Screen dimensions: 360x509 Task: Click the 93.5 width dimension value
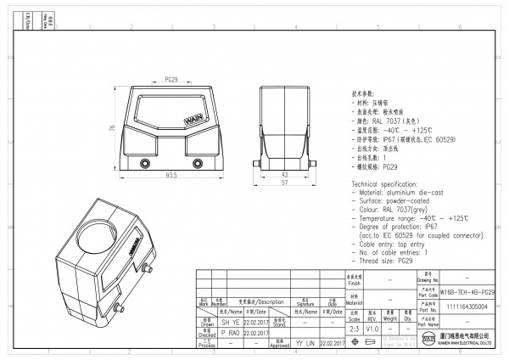coord(171,177)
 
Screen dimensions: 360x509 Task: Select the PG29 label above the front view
coord(171,79)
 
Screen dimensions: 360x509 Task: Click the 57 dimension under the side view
coord(285,183)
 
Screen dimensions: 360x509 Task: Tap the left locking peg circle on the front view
coord(129,163)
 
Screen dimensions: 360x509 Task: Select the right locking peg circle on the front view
coord(175,163)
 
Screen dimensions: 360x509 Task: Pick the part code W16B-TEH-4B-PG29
coord(467,291)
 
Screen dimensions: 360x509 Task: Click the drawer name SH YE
coord(206,323)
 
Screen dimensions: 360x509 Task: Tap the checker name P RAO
coord(206,334)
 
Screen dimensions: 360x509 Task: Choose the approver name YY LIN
coord(305,344)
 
